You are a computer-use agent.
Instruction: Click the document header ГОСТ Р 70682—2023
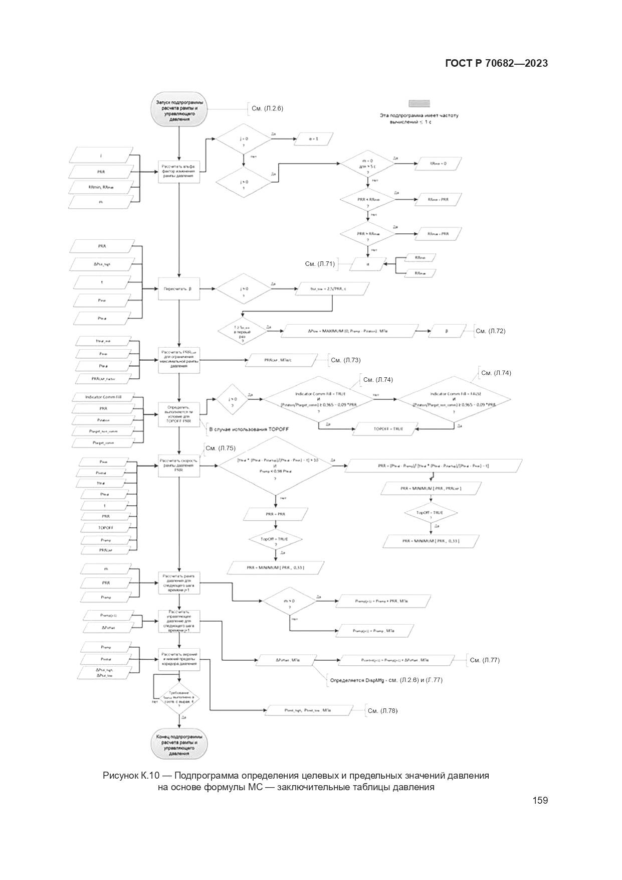coord(496,63)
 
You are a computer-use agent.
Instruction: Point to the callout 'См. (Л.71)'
coord(320,263)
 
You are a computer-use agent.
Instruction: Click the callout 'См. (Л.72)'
coord(490,331)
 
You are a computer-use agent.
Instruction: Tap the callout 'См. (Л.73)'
coord(345,360)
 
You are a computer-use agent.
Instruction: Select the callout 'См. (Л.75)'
coord(220,448)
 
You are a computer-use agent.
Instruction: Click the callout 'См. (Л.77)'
coord(485,660)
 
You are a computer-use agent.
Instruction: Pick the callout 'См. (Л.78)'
coord(382,710)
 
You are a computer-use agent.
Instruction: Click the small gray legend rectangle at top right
coord(419,103)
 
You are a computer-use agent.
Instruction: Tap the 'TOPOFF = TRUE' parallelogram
coord(387,429)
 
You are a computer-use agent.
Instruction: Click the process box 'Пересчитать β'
coord(179,289)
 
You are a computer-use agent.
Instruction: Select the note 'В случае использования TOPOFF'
coord(249,429)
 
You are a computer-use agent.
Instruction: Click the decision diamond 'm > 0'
coord(289,604)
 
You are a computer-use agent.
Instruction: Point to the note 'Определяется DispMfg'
coord(386,680)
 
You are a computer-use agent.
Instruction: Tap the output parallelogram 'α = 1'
coord(313,138)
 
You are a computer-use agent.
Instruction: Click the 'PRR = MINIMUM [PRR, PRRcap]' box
coord(431,488)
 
